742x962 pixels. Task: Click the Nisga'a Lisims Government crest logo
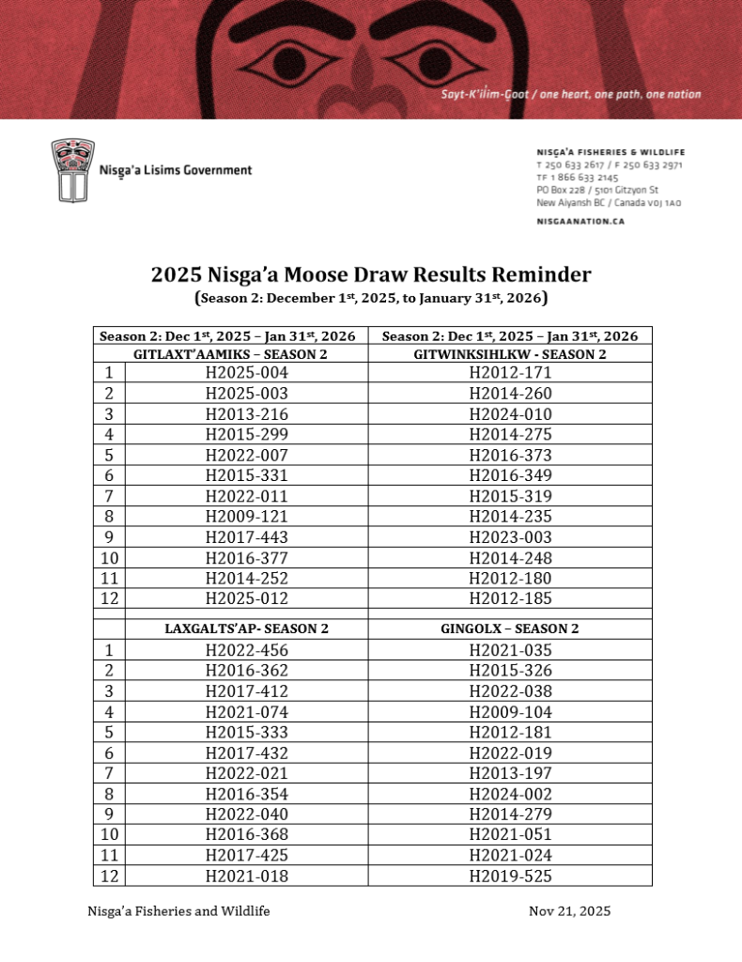pos(71,170)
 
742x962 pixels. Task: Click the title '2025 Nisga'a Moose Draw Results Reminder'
pos(371,274)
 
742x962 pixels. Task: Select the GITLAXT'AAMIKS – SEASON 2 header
pos(230,354)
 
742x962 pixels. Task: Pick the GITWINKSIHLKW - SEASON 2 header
pos(510,354)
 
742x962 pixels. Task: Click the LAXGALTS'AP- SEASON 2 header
pos(246,628)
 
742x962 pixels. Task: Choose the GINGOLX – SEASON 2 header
pos(510,628)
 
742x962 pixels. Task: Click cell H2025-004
pos(246,373)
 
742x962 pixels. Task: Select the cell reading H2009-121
pos(246,517)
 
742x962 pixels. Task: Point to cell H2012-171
pos(510,373)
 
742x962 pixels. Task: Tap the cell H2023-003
pos(510,537)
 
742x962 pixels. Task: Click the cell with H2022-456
pos(246,650)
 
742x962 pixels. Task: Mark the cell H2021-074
pos(246,711)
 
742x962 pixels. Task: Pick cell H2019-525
pos(510,876)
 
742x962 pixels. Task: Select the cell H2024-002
pos(510,794)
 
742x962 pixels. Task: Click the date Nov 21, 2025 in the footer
pos(569,911)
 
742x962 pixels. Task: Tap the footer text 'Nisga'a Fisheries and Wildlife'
pos(178,911)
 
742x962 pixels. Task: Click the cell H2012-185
pos(510,598)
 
